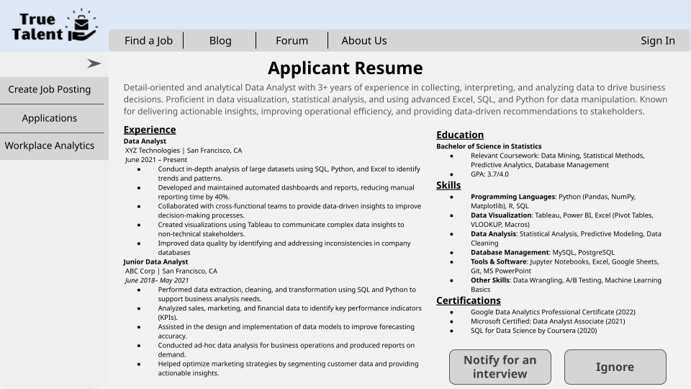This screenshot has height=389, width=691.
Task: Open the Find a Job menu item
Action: (148, 40)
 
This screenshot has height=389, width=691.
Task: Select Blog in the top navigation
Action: (220, 40)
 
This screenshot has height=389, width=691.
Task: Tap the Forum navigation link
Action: (292, 40)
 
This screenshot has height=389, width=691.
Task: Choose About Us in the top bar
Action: (363, 40)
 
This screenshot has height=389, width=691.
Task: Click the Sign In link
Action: (658, 40)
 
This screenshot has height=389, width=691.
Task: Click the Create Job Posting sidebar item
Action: (50, 89)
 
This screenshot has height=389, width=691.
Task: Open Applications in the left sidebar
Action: (50, 118)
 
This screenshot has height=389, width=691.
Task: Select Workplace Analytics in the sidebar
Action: (50, 146)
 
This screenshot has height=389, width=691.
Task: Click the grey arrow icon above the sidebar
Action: (94, 63)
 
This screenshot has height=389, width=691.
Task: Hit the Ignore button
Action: (615, 367)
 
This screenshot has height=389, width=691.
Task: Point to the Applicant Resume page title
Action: (345, 68)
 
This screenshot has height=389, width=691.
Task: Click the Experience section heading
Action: (150, 130)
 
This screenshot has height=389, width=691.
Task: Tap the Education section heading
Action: (460, 135)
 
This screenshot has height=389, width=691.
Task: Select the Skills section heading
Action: (448, 185)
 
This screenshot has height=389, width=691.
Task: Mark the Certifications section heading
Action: (469, 300)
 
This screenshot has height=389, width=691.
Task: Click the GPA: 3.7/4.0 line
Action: (489, 174)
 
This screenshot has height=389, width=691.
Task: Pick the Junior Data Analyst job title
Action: (155, 262)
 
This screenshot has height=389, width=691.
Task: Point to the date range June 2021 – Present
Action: (156, 160)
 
